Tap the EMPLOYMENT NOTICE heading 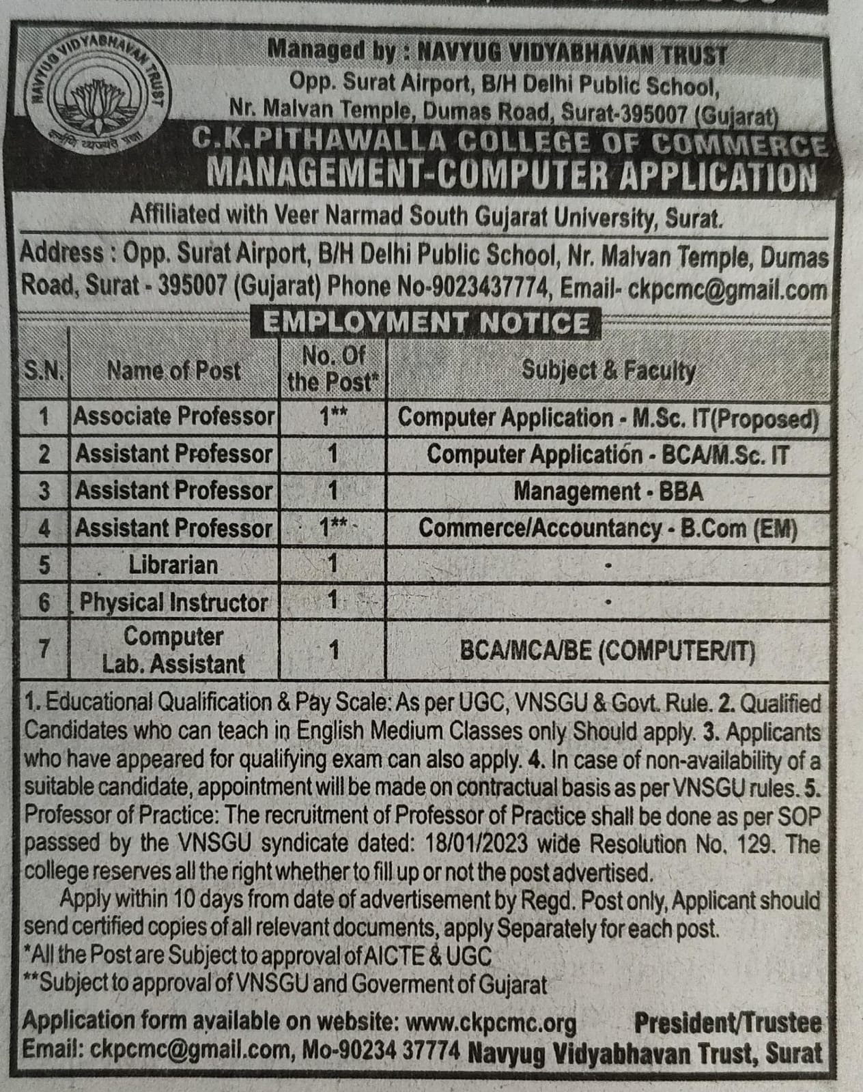(427, 322)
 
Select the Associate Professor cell (174, 416)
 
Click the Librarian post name (173, 565)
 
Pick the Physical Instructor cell (173, 602)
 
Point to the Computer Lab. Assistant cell (173, 650)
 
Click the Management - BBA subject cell (608, 491)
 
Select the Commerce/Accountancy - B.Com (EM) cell (608, 528)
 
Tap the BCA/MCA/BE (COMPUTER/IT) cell (608, 651)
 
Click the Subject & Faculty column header (608, 371)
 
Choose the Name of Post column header (173, 371)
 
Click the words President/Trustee (727, 1022)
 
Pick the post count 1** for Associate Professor (334, 416)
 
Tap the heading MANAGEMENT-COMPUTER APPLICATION (511, 175)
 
